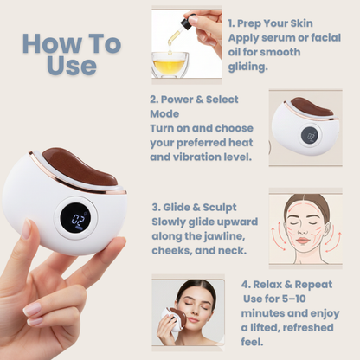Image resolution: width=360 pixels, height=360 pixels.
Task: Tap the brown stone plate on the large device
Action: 80,165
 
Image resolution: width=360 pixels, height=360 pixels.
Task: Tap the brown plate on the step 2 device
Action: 312,106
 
